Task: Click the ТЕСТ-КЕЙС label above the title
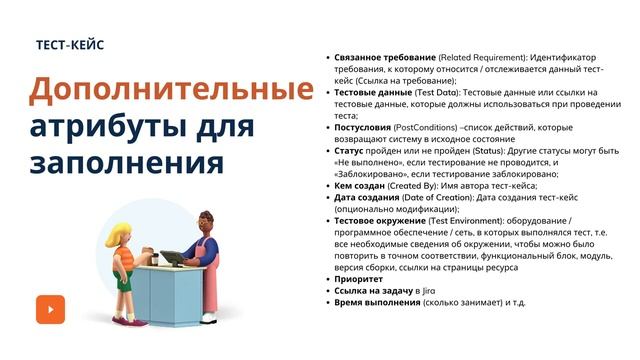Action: click(x=69, y=46)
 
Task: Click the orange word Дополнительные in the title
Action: click(x=170, y=91)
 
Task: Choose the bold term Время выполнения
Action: click(x=377, y=302)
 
